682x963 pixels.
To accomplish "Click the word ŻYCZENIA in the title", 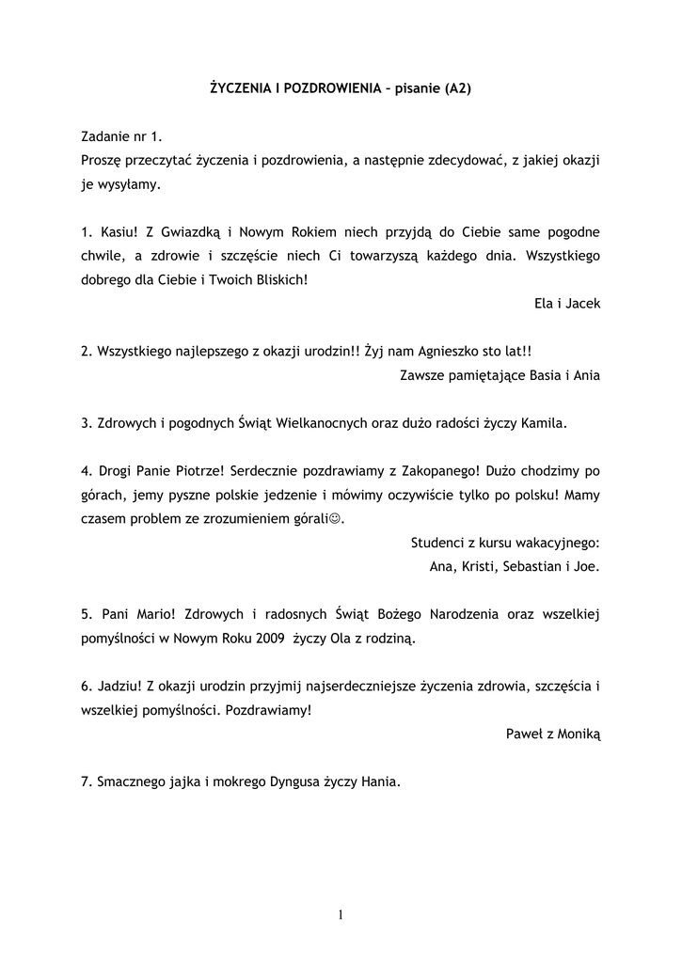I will click(x=241, y=88).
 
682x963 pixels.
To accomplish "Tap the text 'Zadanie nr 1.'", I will click(x=121, y=136).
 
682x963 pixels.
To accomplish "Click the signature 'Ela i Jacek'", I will click(x=566, y=304).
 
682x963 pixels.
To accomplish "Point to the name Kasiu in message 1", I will click(x=119, y=232).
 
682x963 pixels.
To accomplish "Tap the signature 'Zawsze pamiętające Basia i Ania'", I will click(x=500, y=375).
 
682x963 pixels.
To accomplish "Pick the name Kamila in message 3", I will click(x=547, y=423).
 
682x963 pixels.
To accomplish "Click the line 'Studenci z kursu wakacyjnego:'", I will click(x=505, y=544).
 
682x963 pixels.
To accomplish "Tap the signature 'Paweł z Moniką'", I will click(x=553, y=734).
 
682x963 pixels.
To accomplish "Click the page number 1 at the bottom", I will click(x=341, y=915).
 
